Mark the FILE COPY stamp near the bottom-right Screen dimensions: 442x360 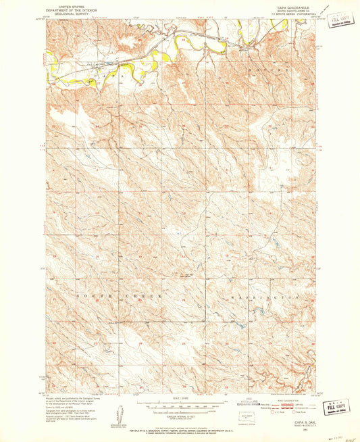click(x=336, y=408)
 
